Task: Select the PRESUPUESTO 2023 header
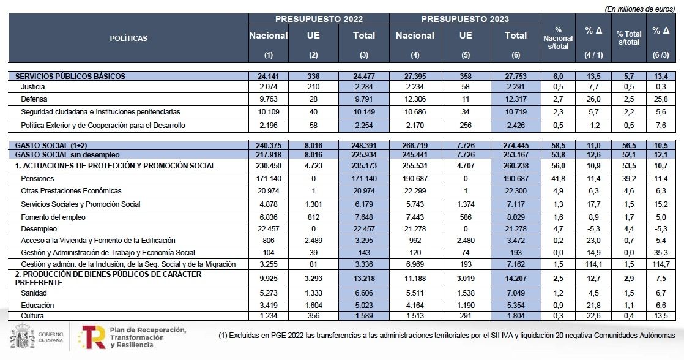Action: pos(465,19)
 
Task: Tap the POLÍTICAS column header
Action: pos(128,38)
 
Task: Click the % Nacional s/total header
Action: pos(558,38)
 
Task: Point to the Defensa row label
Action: pos(34,99)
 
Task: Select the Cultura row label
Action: pos(32,315)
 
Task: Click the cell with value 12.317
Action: pos(516,99)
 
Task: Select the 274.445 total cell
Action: pos(516,146)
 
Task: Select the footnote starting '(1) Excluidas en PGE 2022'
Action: pos(446,336)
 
